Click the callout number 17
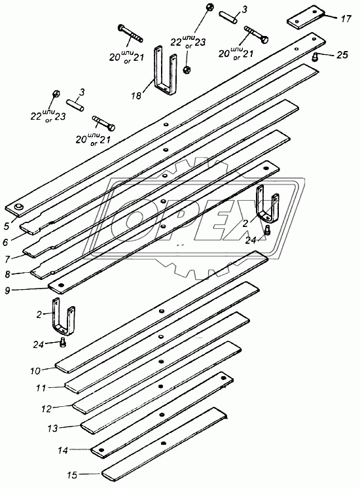pyautogui.click(x=346, y=19)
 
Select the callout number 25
pyautogui.click(x=342, y=54)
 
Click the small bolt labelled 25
pyautogui.click(x=316, y=56)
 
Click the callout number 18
pyautogui.click(x=136, y=95)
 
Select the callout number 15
pyautogui.click(x=71, y=475)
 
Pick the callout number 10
pyautogui.click(x=35, y=371)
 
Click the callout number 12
pyautogui.click(x=46, y=409)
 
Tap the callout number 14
pyautogui.click(x=63, y=450)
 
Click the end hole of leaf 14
pyautogui.click(x=101, y=449)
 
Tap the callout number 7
pyautogui.click(x=8, y=258)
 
